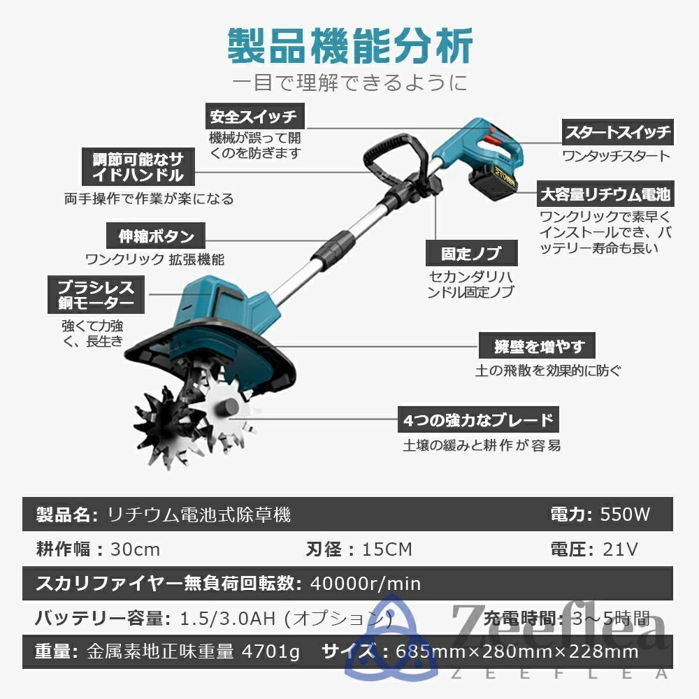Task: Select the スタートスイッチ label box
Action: (x=617, y=131)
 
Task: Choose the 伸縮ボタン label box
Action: (x=156, y=236)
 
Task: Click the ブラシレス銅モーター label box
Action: (x=91, y=294)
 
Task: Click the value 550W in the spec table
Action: (x=626, y=515)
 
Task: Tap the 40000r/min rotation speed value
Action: (x=366, y=583)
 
